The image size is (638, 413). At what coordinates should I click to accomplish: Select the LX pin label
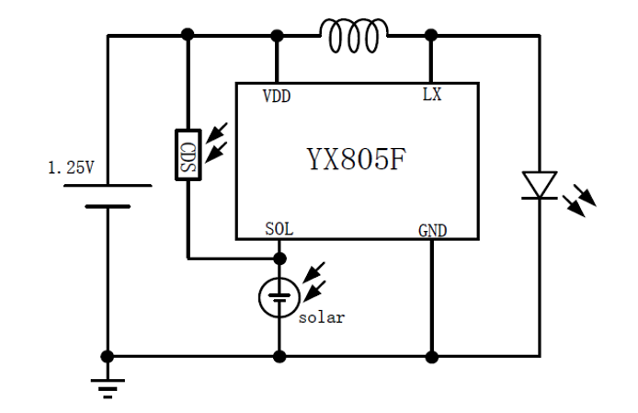point(431,95)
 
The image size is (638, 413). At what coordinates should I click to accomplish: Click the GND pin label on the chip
point(432,230)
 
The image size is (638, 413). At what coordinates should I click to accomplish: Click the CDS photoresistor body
point(188,155)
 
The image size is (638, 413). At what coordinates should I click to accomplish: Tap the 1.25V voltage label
point(72,167)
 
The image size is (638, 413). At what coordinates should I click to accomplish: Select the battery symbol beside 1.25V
point(108,196)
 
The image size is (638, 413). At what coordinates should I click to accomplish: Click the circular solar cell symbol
point(278,297)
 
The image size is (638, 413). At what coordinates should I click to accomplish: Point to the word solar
point(321,317)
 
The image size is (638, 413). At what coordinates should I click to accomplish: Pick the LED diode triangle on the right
point(539,184)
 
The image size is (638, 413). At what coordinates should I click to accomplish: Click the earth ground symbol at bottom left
point(108,386)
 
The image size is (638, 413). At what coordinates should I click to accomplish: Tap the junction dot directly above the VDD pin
point(277,35)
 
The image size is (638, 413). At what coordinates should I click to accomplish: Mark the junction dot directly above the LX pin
point(430,35)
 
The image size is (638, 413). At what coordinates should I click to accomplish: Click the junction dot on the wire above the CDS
point(188,35)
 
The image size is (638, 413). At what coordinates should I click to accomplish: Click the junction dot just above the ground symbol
point(108,356)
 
